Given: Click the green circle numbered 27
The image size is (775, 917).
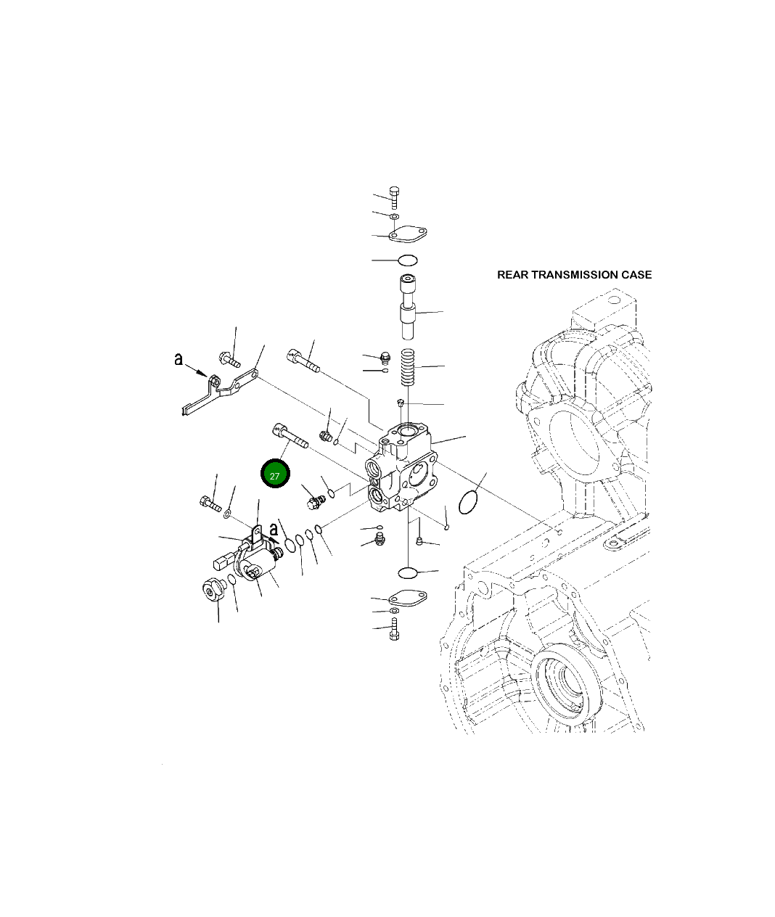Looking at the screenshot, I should [275, 474].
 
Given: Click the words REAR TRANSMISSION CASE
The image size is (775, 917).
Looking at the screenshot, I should [574, 275].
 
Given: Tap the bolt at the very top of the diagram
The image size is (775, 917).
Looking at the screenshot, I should [394, 197].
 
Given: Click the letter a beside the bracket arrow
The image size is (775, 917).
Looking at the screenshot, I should [179, 358].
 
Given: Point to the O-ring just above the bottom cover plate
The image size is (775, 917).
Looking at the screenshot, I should [411, 573].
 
